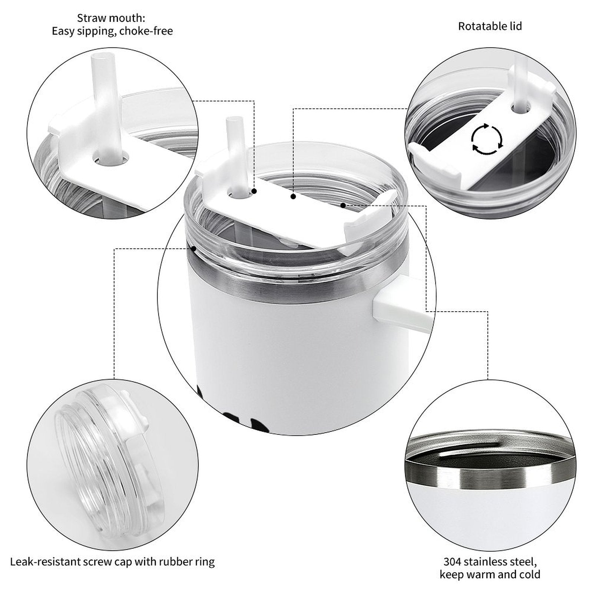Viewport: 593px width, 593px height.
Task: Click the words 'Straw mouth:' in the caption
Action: click(111, 18)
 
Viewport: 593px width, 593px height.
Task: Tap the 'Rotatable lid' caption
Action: click(490, 26)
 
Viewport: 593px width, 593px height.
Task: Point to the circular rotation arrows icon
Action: click(487, 139)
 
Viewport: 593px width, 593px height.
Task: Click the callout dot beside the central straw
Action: click(254, 191)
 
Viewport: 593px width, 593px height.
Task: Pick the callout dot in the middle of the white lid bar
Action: click(293, 197)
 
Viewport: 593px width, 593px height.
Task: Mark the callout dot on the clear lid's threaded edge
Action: click(194, 248)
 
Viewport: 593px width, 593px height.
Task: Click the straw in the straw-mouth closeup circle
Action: click(106, 107)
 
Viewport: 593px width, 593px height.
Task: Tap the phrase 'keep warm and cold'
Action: click(490, 575)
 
